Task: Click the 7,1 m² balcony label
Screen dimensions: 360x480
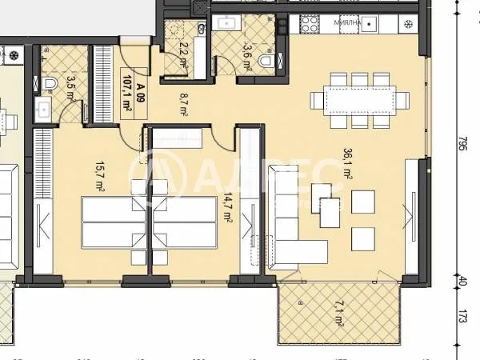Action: point(340,314)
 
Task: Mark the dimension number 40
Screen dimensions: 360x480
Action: point(462,282)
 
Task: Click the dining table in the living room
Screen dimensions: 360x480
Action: point(359,98)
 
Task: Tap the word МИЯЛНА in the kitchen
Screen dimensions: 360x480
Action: point(346,23)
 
